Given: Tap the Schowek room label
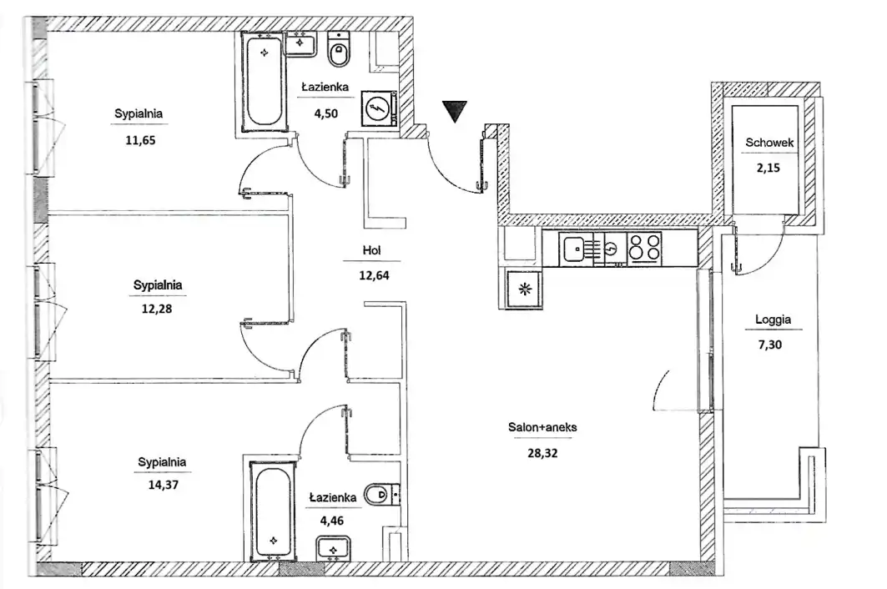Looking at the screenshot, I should click(769, 143).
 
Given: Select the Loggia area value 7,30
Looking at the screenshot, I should click(773, 342).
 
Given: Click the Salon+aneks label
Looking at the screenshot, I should click(542, 428).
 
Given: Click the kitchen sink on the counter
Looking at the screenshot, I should click(573, 248).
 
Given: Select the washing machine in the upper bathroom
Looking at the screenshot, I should click(377, 108).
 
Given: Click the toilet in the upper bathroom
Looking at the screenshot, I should click(339, 51).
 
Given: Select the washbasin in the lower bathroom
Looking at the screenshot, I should click(334, 549).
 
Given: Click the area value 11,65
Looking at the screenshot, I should click(140, 139).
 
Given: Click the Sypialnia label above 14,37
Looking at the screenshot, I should click(162, 461).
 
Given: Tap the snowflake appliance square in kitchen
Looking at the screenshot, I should click(524, 289).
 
